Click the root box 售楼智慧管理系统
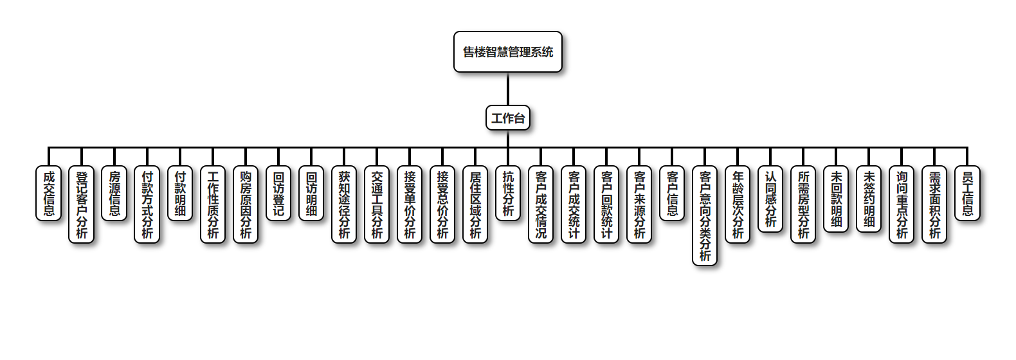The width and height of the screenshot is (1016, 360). (507, 52)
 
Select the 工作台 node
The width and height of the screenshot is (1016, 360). (507, 118)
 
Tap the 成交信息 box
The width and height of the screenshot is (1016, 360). (49, 193)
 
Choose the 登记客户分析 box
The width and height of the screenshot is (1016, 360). (82, 204)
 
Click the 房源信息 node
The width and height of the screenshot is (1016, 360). (114, 193)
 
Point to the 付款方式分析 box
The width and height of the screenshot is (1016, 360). (147, 204)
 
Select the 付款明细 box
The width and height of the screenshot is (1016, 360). (180, 193)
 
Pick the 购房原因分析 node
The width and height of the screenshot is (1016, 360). (246, 204)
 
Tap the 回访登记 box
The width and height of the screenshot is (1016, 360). (278, 193)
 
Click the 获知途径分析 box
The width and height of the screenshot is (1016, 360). (344, 204)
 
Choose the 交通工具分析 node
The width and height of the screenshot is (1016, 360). (377, 204)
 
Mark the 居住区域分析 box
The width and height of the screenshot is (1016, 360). (475, 204)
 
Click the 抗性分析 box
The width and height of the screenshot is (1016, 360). (508, 193)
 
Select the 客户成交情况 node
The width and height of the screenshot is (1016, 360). (541, 204)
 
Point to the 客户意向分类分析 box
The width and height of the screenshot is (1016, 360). (705, 215)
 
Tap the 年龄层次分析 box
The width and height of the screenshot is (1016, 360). (738, 204)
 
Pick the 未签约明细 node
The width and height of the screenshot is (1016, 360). (869, 199)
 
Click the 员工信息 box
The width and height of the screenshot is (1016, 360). (967, 193)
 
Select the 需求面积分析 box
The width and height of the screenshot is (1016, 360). (934, 204)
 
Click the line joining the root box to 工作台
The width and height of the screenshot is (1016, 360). (507, 89)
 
